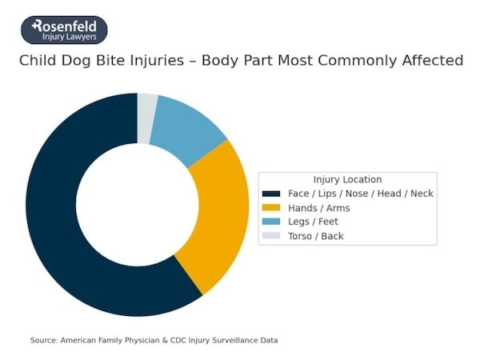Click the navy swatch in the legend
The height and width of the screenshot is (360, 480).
(x=272, y=194)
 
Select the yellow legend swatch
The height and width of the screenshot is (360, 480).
(x=272, y=208)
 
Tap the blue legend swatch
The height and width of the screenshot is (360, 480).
(x=272, y=222)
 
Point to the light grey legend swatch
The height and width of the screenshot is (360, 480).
(x=272, y=236)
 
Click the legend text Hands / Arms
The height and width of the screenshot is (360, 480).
(x=318, y=208)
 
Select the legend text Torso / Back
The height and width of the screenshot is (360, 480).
(x=316, y=236)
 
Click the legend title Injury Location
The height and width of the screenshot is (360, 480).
(x=347, y=179)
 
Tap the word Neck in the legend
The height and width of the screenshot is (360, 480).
(x=422, y=194)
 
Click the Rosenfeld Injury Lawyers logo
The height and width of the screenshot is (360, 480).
(x=64, y=30)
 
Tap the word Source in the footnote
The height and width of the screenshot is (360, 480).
(x=43, y=340)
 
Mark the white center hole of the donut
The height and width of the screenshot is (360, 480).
(x=137, y=204)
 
